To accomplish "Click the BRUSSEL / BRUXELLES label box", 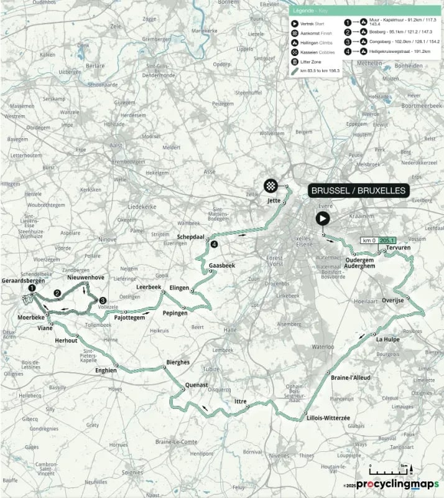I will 358,190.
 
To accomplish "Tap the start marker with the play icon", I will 322,218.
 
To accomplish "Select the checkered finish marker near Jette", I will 271,185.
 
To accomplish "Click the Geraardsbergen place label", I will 22,280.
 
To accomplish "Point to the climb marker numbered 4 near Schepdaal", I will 214,245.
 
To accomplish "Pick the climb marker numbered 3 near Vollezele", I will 103,300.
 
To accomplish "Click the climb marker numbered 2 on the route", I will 57,293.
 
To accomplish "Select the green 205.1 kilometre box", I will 387,240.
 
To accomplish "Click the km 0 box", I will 369,240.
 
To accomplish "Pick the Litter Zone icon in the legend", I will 294,62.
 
